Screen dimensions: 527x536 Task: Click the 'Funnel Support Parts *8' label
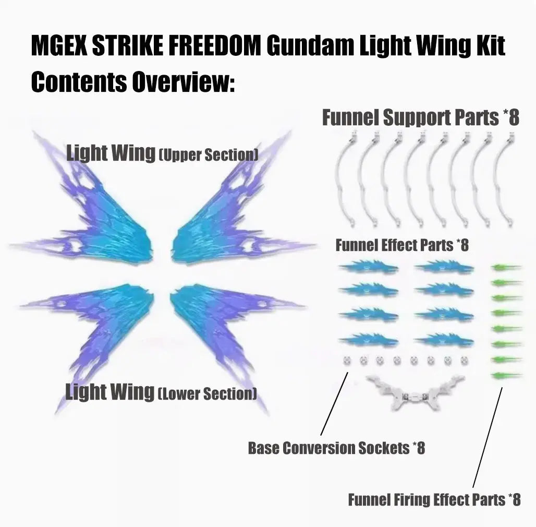tap(420, 117)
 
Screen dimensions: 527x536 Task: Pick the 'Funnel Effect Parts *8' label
tap(401, 245)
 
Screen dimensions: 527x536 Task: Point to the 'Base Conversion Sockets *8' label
tap(336, 448)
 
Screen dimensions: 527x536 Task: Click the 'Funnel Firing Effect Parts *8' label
tap(434, 499)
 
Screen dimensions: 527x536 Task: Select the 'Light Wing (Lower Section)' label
tap(161, 392)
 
